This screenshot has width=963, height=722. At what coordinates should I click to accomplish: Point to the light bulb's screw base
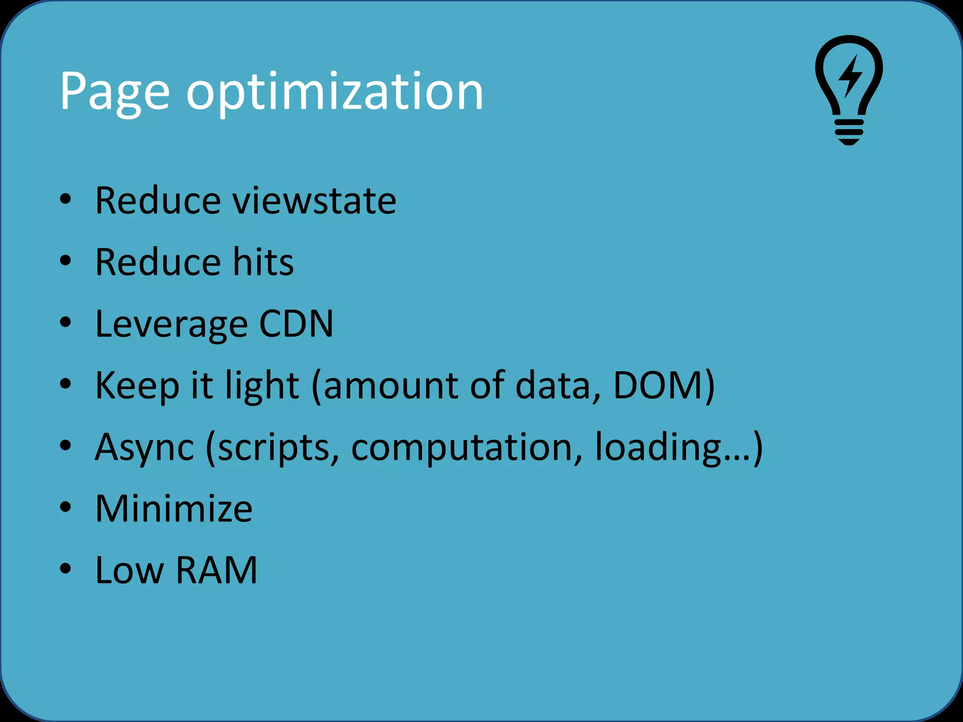[x=849, y=132]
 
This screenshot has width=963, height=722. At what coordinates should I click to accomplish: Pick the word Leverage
[x=171, y=324]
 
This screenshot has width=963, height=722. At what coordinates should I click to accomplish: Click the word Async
[x=144, y=447]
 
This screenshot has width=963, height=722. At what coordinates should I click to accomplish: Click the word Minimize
[x=174, y=509]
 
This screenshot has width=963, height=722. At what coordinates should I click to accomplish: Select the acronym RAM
[x=217, y=570]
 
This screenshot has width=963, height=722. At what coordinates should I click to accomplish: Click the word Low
[x=130, y=570]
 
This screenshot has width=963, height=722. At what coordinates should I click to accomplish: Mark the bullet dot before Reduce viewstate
[x=65, y=199]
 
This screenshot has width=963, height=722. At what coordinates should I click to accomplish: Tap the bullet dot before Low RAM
[x=65, y=569]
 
